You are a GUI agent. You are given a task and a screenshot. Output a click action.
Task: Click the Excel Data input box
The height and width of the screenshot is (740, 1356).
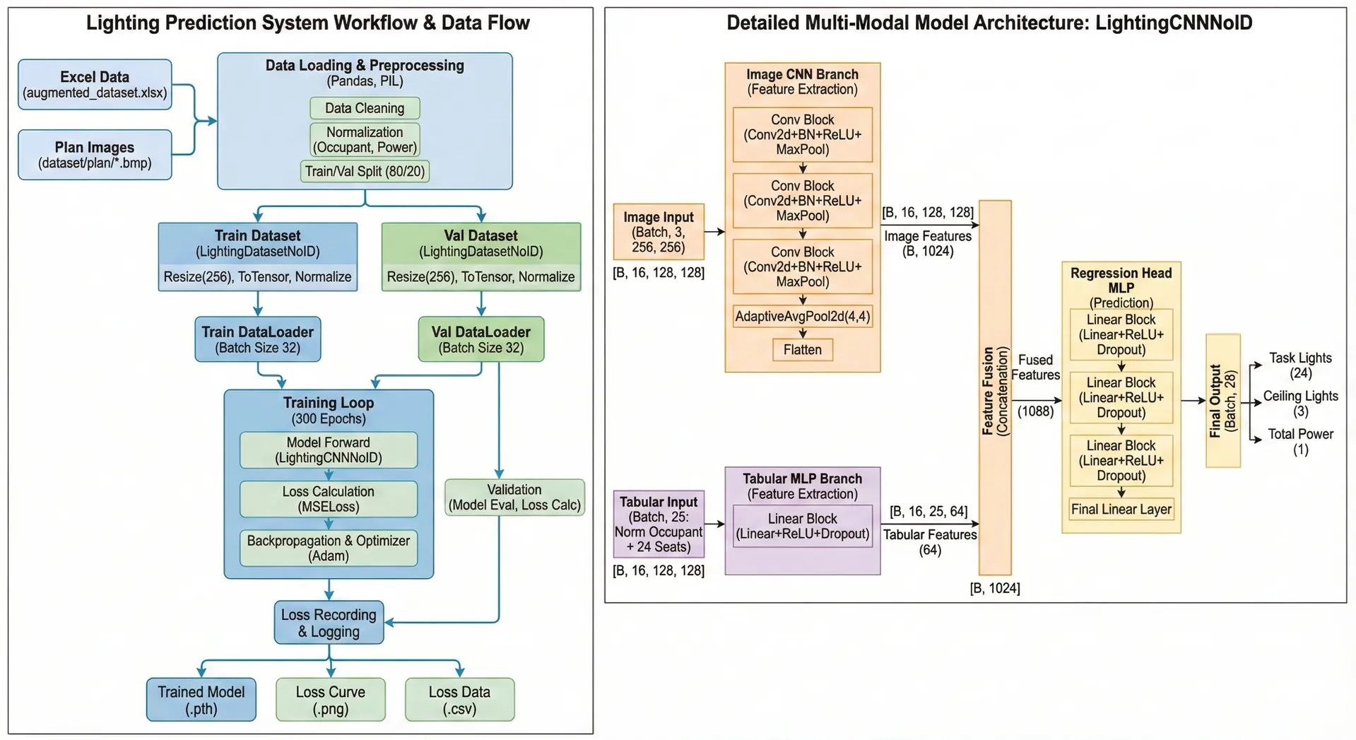tap(95, 85)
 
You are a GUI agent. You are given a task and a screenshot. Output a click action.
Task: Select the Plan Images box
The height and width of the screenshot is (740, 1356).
tap(95, 155)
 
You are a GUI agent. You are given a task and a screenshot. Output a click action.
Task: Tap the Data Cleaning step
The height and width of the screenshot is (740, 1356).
tap(365, 108)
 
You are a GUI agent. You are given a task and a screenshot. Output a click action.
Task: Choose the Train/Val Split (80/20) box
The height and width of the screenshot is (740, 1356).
tap(365, 171)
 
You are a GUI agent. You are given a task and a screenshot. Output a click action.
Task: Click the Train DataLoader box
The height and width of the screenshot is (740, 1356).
tap(258, 339)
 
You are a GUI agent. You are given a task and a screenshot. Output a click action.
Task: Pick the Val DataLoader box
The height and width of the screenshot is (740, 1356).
tap(481, 339)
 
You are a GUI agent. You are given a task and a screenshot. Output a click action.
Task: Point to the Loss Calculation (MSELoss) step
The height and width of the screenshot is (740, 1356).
tap(329, 499)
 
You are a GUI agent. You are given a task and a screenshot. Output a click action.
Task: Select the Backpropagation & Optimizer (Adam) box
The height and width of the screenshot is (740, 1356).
tap(329, 548)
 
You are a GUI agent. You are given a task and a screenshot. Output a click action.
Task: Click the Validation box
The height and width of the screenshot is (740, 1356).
tap(514, 498)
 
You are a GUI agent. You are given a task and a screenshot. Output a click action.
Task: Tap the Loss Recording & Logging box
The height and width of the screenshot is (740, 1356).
tap(329, 623)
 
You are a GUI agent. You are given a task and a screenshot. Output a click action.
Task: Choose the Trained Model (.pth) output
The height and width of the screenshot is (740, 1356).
tap(201, 700)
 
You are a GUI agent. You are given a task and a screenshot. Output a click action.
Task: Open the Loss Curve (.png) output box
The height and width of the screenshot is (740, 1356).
tap(331, 700)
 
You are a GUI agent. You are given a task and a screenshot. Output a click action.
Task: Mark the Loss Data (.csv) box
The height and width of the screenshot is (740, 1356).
tap(459, 700)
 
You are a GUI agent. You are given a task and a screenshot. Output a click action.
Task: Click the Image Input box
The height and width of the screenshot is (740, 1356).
tap(659, 232)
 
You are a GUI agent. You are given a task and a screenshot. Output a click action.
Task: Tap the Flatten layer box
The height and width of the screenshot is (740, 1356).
tap(803, 350)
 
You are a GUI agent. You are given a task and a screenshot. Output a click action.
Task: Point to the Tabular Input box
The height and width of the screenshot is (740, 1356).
tap(659, 524)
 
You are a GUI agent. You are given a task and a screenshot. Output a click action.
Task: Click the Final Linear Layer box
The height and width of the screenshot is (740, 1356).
tap(1121, 510)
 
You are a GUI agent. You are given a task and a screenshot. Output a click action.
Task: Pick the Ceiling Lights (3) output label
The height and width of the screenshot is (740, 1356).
tap(1300, 404)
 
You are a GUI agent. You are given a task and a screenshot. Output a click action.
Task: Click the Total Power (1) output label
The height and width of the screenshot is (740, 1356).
tap(1300, 442)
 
